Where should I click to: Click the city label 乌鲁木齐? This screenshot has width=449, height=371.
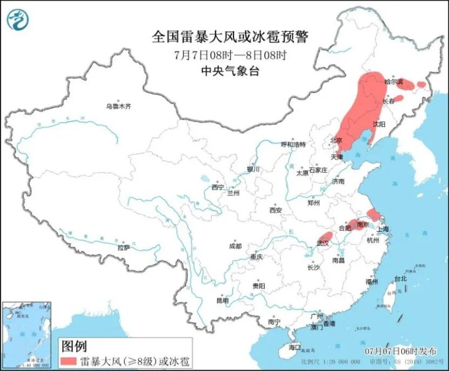coord(118,106)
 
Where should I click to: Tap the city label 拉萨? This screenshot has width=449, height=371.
coord(123,248)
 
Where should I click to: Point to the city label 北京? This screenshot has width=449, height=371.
coord(336,140)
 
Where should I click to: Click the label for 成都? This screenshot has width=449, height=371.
coord(236,246)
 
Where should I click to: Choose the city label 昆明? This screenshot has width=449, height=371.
coord(222,300)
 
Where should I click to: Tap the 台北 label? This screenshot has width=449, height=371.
coord(400,279)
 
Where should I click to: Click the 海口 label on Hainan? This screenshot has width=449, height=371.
coord(294,347)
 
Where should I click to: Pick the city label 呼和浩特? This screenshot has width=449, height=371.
coord(293,145)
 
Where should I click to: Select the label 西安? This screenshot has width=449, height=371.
coord(276,210)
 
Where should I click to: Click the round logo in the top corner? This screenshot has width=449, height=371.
coord(17,21)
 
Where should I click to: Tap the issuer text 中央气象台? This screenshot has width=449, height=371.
coord(230,71)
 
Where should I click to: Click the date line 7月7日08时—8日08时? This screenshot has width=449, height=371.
coord(230,55)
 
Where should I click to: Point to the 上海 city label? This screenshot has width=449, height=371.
coord(383,229)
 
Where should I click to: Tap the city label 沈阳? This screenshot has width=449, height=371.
coord(379,124)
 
